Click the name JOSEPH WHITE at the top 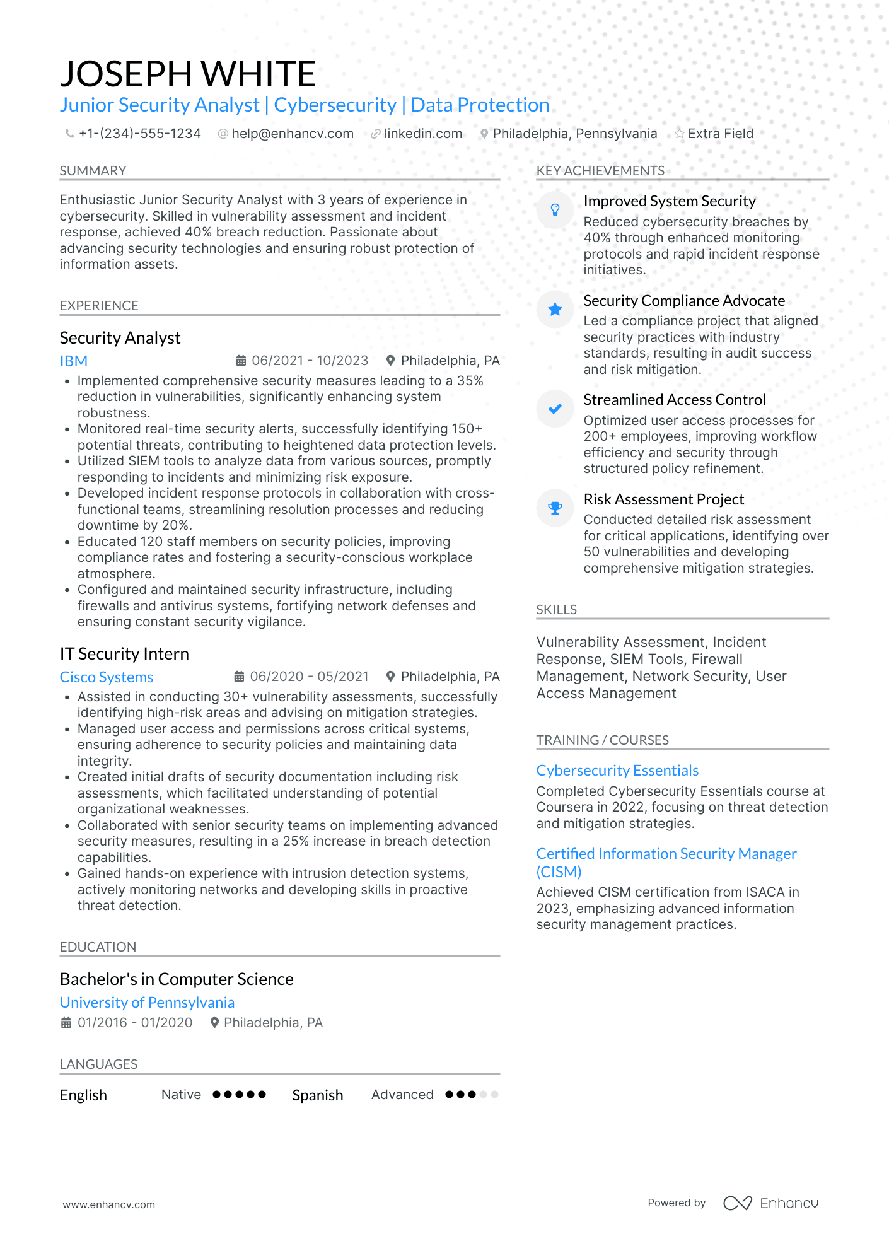[188, 74]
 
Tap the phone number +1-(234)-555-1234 [139, 134]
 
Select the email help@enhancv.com [292, 134]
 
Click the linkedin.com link [422, 134]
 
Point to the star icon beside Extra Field [679, 134]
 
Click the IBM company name [74, 361]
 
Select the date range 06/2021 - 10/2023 [310, 361]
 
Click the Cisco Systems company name [107, 677]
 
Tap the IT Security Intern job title [124, 654]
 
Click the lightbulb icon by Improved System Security [555, 210]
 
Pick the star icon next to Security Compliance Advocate [555, 309]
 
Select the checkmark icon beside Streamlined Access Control [555, 409]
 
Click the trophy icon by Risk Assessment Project [555, 508]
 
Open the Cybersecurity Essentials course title [617, 771]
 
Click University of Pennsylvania [147, 1003]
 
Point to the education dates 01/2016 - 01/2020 [134, 1023]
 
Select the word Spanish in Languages [317, 1095]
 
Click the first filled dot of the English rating [217, 1095]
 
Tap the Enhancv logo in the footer [771, 1203]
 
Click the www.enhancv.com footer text [108, 1204]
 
